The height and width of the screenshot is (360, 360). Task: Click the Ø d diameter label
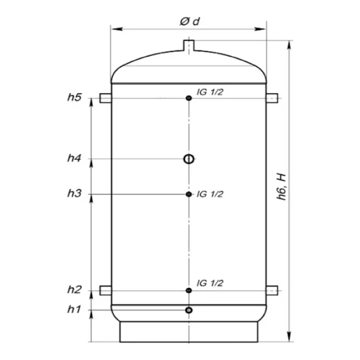[x=190, y=22]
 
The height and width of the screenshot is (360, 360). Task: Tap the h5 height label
[x=75, y=97]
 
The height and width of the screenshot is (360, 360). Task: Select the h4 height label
[x=75, y=158]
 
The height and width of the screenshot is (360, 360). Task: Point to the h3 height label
[x=75, y=193]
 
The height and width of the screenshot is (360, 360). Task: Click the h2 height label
[x=75, y=290]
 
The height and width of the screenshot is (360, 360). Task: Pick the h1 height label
[x=74, y=310]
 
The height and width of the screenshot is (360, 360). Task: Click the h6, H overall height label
[x=281, y=187]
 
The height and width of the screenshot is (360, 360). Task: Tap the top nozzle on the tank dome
[x=189, y=45]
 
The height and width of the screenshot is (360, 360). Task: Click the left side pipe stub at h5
[x=105, y=98]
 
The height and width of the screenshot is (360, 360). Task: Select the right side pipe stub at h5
[x=272, y=98]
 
